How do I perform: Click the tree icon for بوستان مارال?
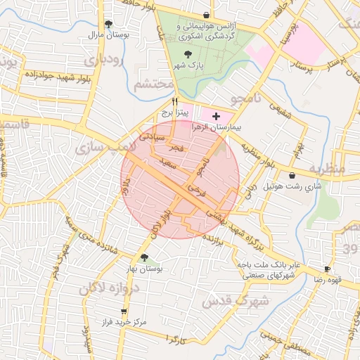coord(108,24)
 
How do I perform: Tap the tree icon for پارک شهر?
coord(187,53)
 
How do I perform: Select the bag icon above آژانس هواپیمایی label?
coord(205,15)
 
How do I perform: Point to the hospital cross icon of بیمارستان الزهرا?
coord(215,115)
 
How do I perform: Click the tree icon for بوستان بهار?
coord(145,258)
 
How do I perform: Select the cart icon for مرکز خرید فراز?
coord(124,311)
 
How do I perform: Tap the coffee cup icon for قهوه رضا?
coord(327,269)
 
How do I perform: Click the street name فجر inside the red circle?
coord(176,148)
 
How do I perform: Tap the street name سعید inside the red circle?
coord(167,162)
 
